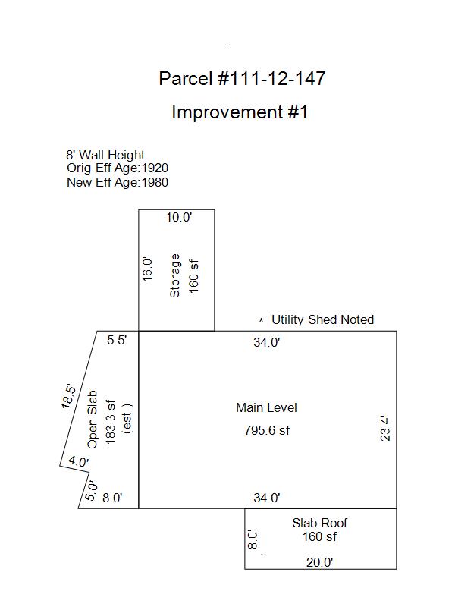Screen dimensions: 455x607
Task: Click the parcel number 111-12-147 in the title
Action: (x=272, y=79)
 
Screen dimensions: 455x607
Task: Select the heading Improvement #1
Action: (x=240, y=112)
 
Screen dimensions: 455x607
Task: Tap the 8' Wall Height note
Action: (x=105, y=155)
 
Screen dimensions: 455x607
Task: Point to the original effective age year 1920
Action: (x=155, y=168)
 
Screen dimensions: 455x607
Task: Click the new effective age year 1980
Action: (x=155, y=182)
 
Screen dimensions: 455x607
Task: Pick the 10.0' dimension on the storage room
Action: (x=179, y=217)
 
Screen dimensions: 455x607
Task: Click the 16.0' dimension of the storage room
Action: (x=147, y=269)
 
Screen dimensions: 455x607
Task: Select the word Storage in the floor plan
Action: (x=175, y=275)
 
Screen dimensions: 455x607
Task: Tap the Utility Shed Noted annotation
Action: (x=323, y=319)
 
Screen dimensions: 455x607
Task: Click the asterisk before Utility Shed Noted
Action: (x=262, y=320)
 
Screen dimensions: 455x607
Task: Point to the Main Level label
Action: (x=267, y=407)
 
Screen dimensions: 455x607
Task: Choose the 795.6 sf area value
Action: (x=267, y=430)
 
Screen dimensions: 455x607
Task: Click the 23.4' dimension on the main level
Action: (x=385, y=429)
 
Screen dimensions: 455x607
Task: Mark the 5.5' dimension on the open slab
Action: (x=117, y=340)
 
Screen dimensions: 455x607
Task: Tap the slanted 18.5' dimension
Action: (x=68, y=396)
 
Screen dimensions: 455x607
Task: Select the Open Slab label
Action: (x=93, y=420)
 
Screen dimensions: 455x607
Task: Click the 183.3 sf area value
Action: (x=111, y=422)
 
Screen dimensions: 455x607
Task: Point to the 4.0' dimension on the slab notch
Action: (x=79, y=461)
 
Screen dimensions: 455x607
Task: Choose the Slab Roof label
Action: (x=319, y=523)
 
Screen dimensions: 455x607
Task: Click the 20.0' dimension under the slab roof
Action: (x=319, y=562)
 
